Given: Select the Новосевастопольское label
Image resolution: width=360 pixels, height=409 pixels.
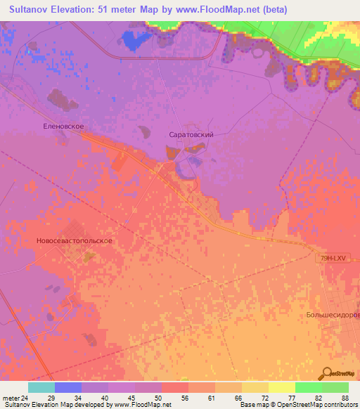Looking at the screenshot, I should coord(74,240).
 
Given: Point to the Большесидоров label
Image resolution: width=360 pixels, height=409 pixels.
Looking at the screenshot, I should coord(333,315).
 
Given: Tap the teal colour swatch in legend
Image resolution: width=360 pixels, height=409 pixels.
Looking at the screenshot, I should coord(41,387).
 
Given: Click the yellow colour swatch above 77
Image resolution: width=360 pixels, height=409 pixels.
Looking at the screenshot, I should coord(282,387).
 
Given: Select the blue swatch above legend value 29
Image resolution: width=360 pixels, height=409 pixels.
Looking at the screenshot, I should coord(68,387).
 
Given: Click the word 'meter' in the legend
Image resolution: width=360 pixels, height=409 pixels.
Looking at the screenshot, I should coord(11,398).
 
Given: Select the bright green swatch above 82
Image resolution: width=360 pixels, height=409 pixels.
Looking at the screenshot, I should coord(309,387).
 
